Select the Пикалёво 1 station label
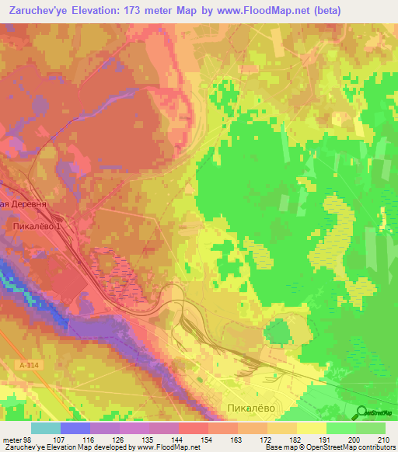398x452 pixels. click(x=37, y=225)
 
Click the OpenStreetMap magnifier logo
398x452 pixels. click(x=362, y=412)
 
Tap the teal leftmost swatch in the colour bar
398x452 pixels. click(x=46, y=429)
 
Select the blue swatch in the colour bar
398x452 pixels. click(x=75, y=429)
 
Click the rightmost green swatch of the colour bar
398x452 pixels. click(x=371, y=429)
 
